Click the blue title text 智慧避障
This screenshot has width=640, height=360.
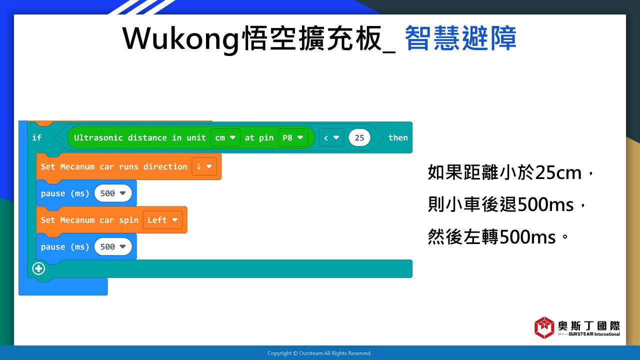tap(460, 38)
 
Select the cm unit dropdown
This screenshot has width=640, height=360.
tap(225, 137)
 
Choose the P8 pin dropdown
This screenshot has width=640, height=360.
tap(293, 137)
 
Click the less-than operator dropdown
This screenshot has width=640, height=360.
tap(331, 137)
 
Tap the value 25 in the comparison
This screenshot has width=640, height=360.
tap(359, 137)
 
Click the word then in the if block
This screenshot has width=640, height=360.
tap(398, 137)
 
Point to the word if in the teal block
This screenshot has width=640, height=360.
tap(37, 137)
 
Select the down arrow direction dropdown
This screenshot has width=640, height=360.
tap(204, 166)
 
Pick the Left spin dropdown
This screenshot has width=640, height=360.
tap(162, 219)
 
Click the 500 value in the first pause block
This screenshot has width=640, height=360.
tap(113, 193)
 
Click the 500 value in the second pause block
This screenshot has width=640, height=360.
tap(113, 246)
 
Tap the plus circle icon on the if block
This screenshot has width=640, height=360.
tap(38, 268)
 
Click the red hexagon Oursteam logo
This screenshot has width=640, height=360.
tap(544, 327)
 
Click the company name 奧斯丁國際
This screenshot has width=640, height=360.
tap(589, 325)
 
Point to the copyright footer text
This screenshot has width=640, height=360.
tap(319, 353)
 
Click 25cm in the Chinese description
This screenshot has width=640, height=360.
tap(558, 172)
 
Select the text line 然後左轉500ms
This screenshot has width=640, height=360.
tap(491, 236)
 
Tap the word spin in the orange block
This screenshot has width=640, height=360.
tap(128, 220)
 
